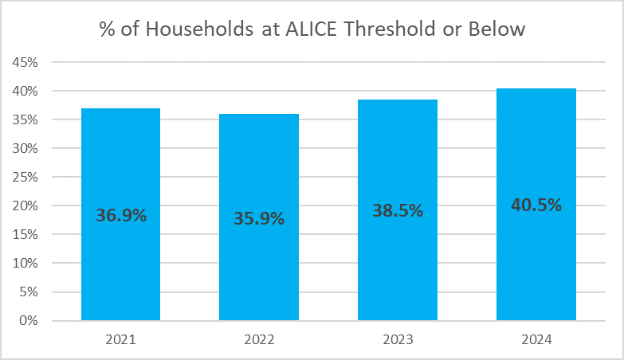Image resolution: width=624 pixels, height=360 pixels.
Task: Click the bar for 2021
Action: coord(120,214)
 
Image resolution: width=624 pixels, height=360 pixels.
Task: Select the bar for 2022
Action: coord(259,217)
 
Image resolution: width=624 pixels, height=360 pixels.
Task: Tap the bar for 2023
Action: coord(398,210)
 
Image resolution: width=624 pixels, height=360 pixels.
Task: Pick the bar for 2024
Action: coord(536,205)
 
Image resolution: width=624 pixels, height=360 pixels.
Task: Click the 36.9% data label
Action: coord(121,215)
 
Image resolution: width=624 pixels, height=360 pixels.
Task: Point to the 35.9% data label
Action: coord(259,218)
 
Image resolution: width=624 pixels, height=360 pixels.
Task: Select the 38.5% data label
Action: coord(398,210)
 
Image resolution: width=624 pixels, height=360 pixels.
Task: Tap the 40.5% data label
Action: coord(536,205)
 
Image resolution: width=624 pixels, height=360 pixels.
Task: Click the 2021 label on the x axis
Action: coord(120,340)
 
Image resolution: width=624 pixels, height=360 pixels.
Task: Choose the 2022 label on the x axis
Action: coord(259,340)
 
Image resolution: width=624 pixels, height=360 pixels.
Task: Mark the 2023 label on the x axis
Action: coord(398,340)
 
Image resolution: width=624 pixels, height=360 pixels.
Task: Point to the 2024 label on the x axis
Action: coord(536,340)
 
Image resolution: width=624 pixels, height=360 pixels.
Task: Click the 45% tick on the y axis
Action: coord(25,62)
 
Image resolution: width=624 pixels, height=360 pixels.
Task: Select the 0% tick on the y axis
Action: coord(28,320)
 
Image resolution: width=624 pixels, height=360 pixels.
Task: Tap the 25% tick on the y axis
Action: coord(25,177)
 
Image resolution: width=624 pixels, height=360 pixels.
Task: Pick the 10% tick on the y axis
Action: coord(25,263)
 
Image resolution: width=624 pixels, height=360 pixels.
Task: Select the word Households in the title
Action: coord(199,29)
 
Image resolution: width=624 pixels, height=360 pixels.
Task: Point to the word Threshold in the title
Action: coord(390,29)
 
